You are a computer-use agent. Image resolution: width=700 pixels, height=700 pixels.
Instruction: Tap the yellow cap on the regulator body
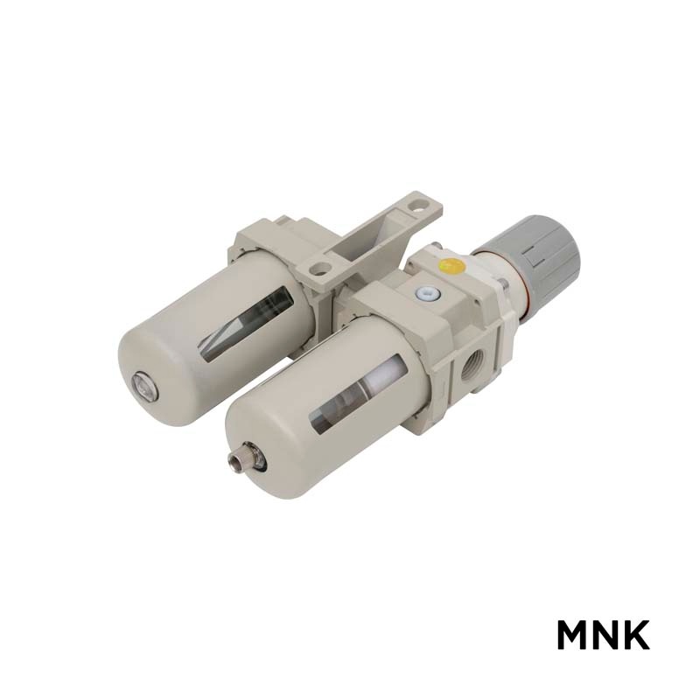click(x=451, y=266)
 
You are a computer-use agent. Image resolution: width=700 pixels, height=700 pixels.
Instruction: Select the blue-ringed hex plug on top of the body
click(x=427, y=293)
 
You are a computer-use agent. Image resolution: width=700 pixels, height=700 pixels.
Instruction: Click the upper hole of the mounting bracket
click(x=417, y=206)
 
